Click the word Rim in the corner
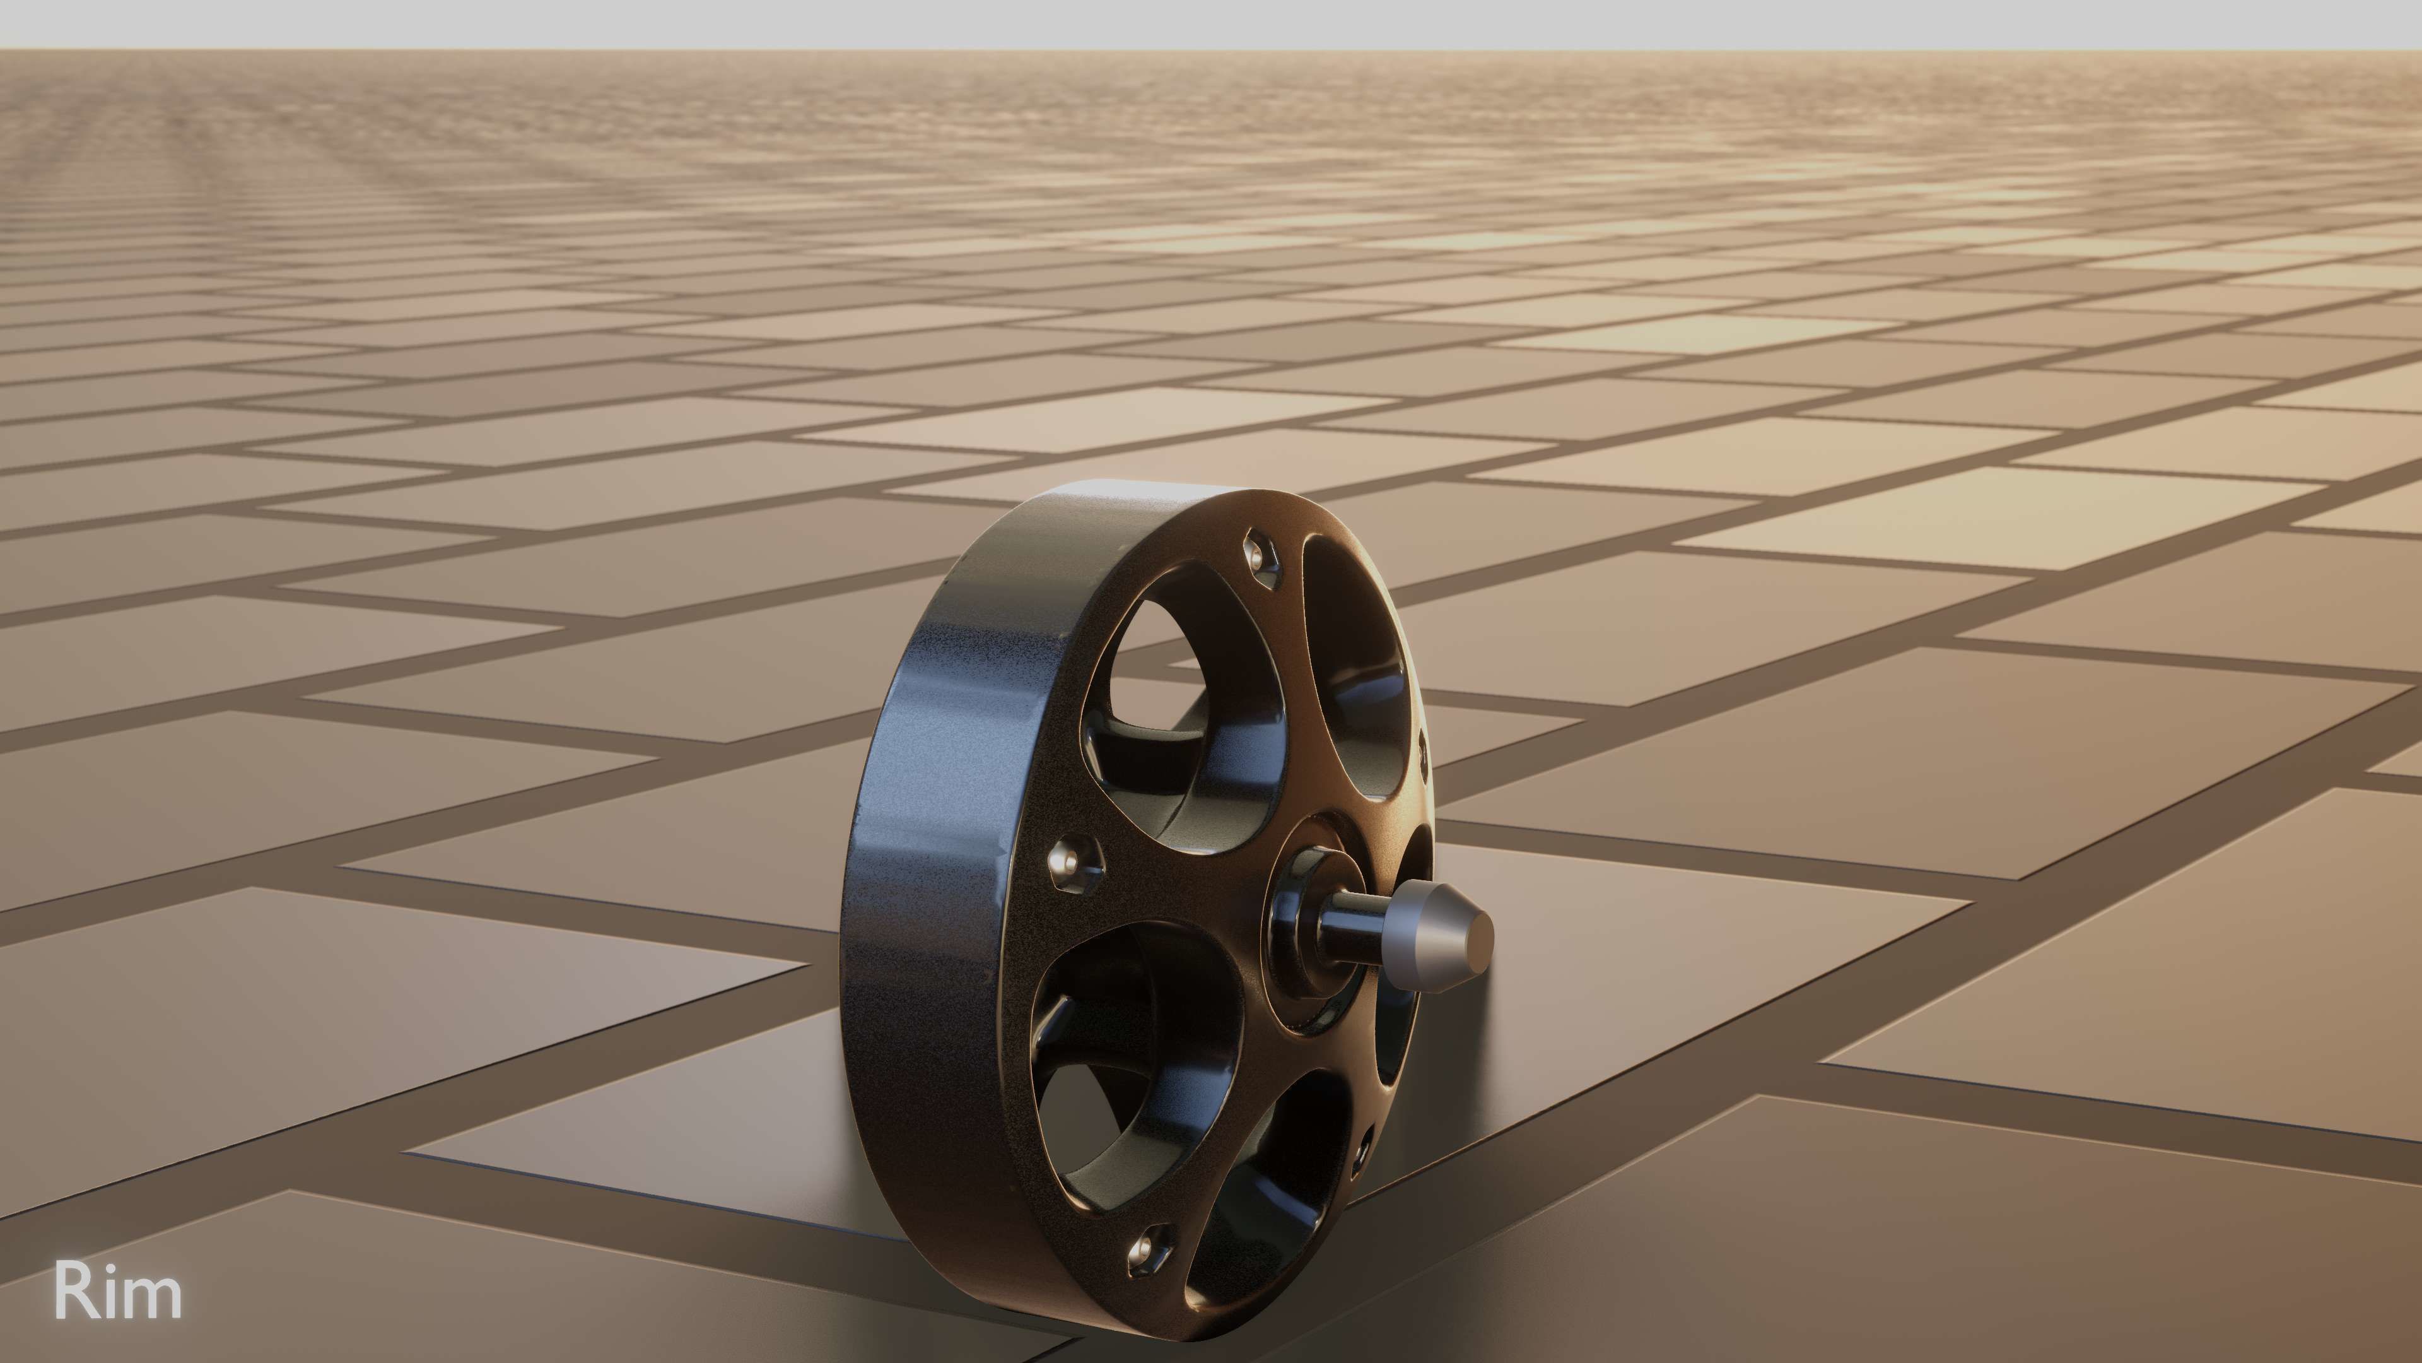click(x=117, y=1292)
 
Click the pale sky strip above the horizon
click(x=1211, y=23)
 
